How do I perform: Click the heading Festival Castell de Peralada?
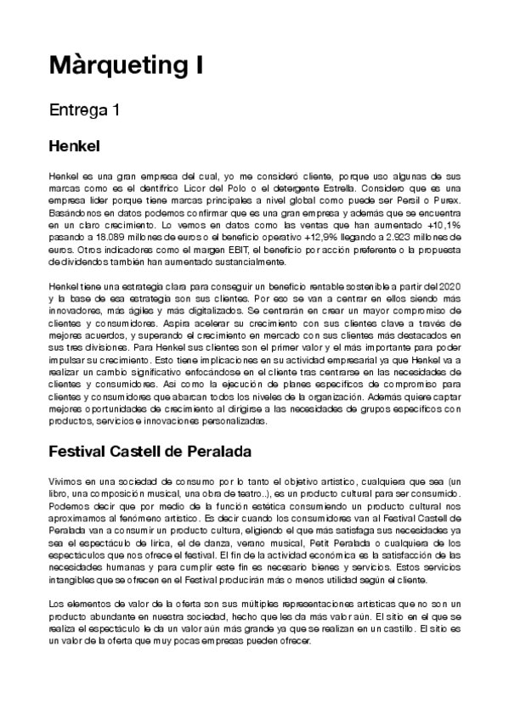point(150,450)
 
